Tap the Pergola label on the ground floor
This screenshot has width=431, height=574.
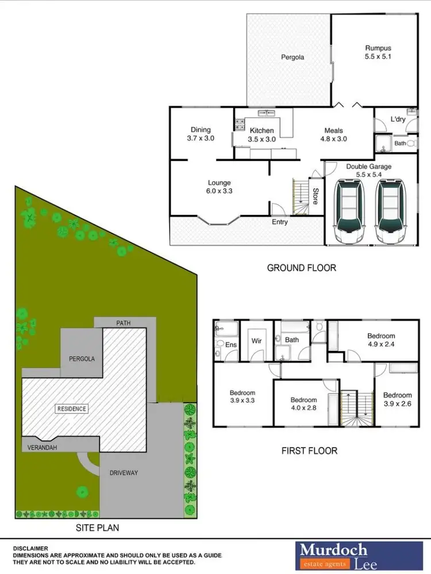[292, 57]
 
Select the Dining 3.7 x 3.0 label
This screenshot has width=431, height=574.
[201, 134]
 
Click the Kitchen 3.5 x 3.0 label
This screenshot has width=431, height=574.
[262, 134]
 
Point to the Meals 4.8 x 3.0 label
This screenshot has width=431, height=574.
[333, 134]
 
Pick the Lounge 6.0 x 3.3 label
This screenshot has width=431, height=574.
[219, 187]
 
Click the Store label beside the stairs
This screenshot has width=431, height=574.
[315, 196]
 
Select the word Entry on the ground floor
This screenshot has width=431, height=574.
[280, 222]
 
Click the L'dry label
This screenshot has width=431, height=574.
[398, 119]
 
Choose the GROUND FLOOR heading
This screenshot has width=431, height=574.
[301, 268]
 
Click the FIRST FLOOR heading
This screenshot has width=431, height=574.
[309, 450]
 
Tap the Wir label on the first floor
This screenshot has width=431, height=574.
[257, 341]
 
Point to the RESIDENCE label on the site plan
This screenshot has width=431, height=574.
[72, 409]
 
